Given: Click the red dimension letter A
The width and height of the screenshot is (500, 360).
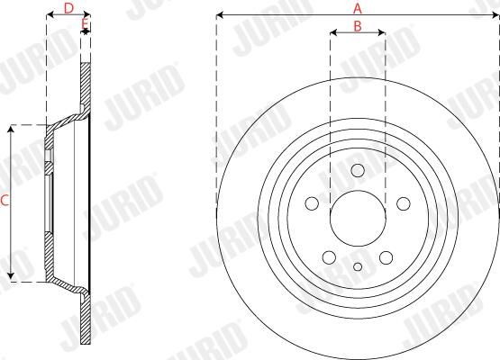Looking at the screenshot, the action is point(358,9).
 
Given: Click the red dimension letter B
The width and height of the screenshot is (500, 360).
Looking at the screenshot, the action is point(358,26).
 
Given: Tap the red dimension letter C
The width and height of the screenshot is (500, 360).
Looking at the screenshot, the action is point(5,201).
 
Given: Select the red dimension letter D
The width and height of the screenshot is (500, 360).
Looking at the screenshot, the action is point(68,9).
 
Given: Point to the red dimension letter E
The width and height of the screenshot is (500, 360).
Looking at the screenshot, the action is point(85,23).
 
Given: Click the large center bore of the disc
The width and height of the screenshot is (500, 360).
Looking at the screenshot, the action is point(358,218).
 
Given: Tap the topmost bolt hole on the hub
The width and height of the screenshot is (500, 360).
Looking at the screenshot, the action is point(358,170).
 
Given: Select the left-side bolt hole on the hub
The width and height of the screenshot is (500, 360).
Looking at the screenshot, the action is point(312,203).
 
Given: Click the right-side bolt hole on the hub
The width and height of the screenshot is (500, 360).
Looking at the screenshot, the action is point(404,203).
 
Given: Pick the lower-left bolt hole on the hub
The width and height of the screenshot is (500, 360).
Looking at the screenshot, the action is point(330,257).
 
